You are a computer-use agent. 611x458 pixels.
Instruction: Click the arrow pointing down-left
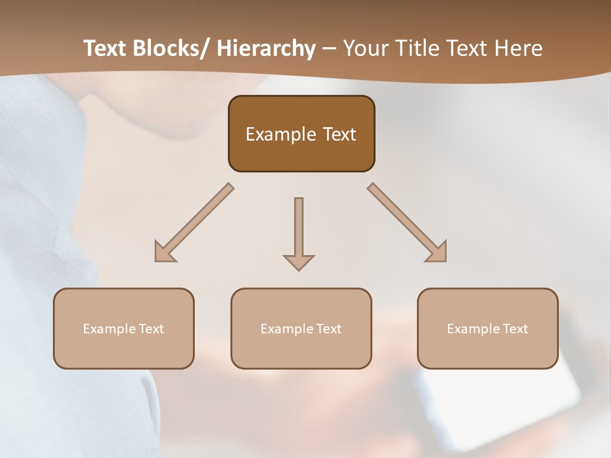pyautogui.click(x=193, y=223)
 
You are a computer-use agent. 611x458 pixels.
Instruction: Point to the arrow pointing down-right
pyautogui.click(x=407, y=223)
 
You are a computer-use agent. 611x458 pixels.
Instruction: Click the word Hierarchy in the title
pyautogui.click(x=266, y=48)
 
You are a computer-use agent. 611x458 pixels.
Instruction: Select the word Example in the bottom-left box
pyautogui.click(x=109, y=329)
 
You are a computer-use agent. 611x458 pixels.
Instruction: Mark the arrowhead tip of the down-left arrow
pyautogui.click(x=156, y=260)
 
